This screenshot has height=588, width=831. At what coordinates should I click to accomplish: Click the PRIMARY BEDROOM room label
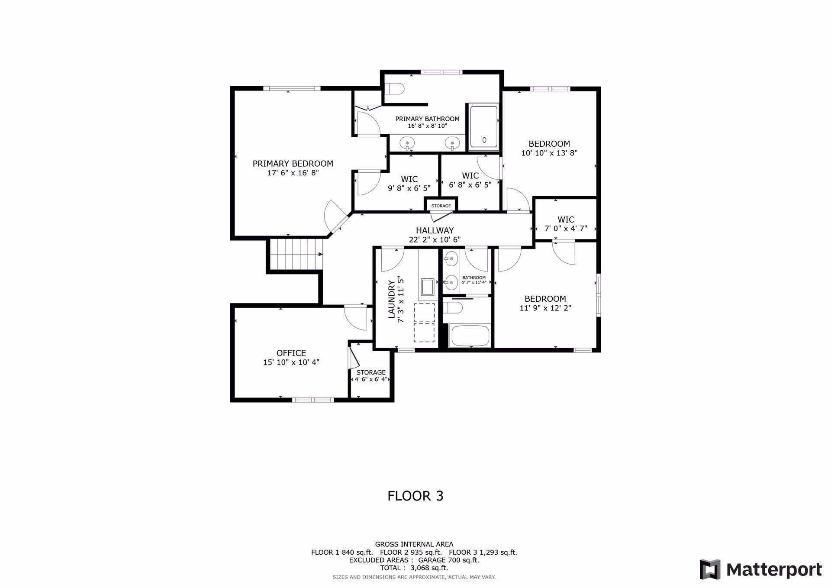coord(293,164)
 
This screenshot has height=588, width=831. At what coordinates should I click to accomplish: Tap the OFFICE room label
coord(291,353)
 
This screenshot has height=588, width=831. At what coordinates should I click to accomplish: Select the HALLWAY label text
coord(435,230)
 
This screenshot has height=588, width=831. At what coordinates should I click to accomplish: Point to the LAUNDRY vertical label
coord(392,299)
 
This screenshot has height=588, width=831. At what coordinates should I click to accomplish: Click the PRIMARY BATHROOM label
coord(427,119)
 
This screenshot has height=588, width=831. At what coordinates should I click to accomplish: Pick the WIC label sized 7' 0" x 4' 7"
coord(566,220)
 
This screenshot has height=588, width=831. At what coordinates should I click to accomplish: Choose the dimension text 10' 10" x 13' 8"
coord(549,153)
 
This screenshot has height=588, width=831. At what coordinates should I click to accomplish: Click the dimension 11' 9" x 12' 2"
coord(545,308)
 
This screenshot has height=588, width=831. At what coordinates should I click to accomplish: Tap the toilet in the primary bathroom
coord(394,89)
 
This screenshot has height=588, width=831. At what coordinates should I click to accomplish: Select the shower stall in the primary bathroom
coord(483,126)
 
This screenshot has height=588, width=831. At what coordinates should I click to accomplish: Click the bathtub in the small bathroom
coord(470,336)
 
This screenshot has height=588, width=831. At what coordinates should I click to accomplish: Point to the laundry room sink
coord(428,287)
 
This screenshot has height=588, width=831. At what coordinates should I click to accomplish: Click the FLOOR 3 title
coord(415,496)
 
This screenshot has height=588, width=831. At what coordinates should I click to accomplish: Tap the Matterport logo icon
coord(710,569)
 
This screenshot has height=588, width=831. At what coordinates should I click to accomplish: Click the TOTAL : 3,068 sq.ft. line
coord(414,568)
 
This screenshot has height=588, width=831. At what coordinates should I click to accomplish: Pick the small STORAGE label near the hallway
coord(441,206)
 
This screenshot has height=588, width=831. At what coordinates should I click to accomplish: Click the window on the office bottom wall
coord(312,400)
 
